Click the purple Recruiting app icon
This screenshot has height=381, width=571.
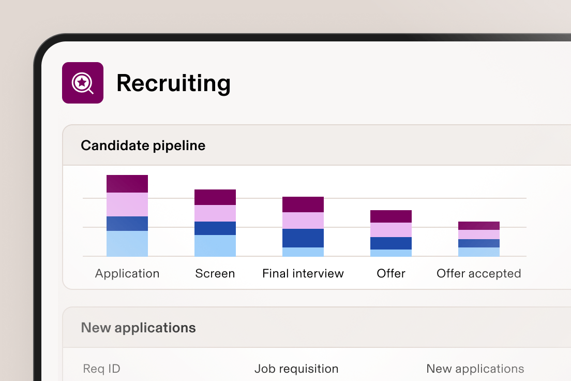click(83, 83)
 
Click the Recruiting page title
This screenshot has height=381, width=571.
click(173, 83)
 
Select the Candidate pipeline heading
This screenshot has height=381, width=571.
click(143, 145)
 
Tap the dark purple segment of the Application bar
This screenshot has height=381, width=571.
click(127, 184)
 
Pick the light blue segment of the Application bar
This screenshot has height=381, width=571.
click(127, 243)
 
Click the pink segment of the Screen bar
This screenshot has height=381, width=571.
click(215, 213)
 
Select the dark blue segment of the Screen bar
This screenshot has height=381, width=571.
click(215, 228)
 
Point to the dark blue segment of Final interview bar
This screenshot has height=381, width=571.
click(303, 238)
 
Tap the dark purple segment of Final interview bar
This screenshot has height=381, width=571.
click(303, 204)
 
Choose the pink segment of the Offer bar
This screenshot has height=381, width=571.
click(391, 230)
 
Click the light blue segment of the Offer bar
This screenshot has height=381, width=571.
click(391, 253)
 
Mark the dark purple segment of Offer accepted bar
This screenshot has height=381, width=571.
click(479, 226)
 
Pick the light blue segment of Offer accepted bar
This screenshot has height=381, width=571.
click(479, 252)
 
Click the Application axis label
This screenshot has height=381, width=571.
click(127, 273)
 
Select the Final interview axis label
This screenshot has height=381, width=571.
click(303, 273)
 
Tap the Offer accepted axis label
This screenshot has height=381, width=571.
click(479, 273)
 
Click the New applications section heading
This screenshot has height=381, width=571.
click(139, 328)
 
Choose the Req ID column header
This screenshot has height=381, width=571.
click(101, 369)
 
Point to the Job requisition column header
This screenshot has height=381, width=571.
click(296, 369)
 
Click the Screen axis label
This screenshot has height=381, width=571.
click(215, 273)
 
